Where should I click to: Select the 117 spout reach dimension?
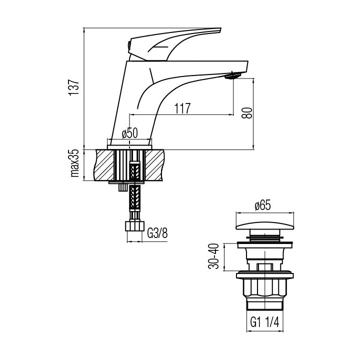coord(182,108)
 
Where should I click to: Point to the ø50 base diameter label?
coord(129,133)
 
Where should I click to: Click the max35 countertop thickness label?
coord(75,163)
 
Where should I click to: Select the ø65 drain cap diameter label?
coord(263,205)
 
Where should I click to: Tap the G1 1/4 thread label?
coord(264,322)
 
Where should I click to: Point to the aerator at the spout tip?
coord(232,76)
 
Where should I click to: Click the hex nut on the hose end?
coord(133,226)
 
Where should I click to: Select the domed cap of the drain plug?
coord(263,222)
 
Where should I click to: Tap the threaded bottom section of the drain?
coord(264,305)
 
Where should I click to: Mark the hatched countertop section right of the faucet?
coord(155,164)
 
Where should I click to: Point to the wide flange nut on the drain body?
coord(264,274)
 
